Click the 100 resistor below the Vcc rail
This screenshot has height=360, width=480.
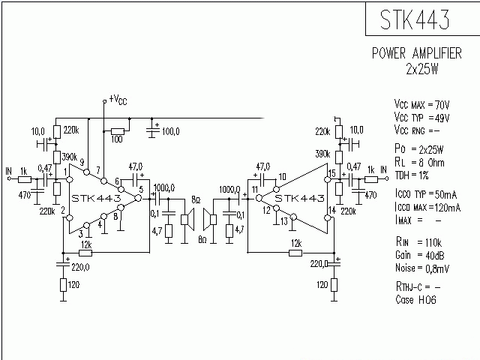tap(117, 131)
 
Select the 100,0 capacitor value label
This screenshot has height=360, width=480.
tap(170, 131)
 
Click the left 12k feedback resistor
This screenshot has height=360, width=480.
tap(85, 252)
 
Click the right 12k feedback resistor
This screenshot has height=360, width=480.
tap(295, 252)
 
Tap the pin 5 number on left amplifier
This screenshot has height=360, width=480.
tap(139, 190)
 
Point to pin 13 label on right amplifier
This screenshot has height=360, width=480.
tap(284, 220)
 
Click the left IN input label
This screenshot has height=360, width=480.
tap(8, 170)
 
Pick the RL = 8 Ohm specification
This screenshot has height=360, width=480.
tap(421, 162)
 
